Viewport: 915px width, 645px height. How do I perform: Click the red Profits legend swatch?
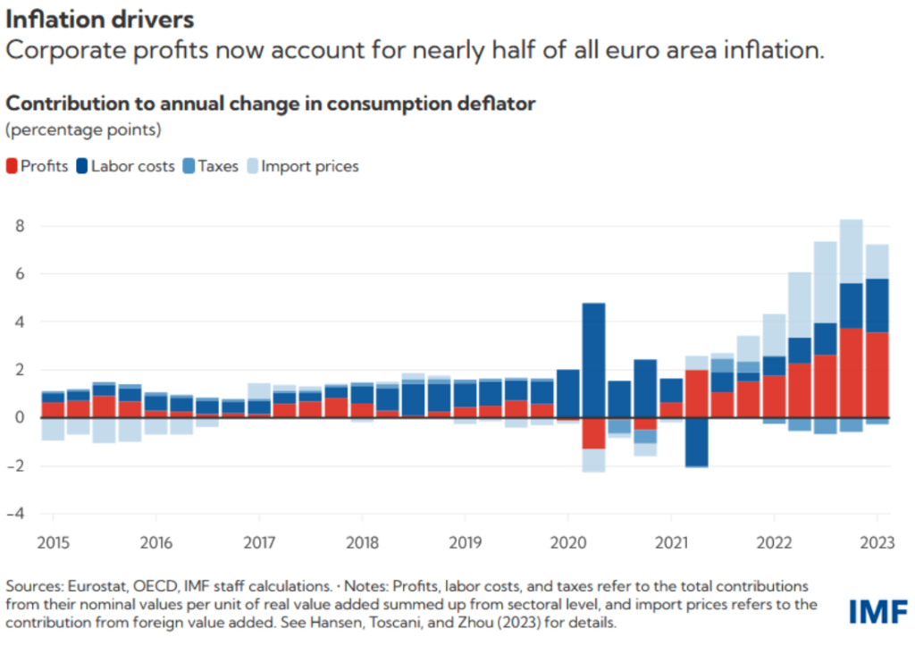click(x=13, y=166)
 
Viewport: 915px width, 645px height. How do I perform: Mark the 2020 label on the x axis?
click(x=567, y=543)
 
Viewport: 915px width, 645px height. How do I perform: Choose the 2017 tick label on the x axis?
click(x=258, y=543)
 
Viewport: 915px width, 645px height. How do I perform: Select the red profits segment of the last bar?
click(x=877, y=374)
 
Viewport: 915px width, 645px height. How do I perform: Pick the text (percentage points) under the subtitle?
click(x=83, y=130)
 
